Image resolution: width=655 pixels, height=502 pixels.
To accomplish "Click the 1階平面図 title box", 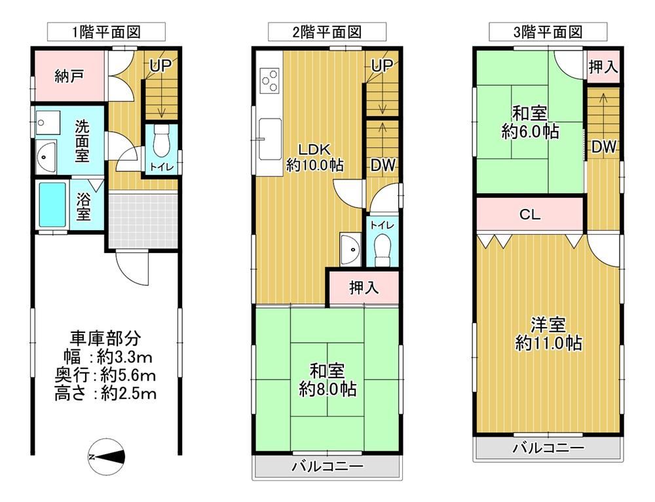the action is [x=107, y=32].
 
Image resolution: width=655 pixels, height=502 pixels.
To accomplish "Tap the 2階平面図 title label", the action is [x=327, y=32].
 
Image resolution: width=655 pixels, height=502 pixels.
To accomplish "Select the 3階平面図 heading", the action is [x=548, y=31].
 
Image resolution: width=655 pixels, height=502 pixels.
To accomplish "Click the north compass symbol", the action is [x=107, y=457].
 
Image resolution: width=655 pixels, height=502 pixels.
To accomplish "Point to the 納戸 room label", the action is [x=69, y=76].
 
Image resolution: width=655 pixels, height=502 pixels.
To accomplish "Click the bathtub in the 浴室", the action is [x=52, y=205].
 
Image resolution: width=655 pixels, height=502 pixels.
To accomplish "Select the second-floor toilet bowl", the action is [x=382, y=249].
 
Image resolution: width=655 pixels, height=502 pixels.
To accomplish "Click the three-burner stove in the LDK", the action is [x=269, y=81].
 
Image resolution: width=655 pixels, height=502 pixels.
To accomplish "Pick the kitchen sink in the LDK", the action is [x=269, y=138].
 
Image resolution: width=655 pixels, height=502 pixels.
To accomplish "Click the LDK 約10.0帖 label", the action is [x=314, y=157].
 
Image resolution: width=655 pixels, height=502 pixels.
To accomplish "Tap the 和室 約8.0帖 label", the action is [x=327, y=380].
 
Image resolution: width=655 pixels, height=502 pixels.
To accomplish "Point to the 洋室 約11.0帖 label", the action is [x=548, y=334].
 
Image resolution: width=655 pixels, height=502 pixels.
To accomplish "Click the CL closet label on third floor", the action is [x=530, y=215].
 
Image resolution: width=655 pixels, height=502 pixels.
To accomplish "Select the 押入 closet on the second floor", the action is [x=364, y=288].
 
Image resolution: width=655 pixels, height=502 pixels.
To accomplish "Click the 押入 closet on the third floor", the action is [x=603, y=66].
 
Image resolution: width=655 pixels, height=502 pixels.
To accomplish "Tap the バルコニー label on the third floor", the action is [x=548, y=448].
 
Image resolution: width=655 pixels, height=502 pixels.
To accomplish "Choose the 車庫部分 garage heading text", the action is [x=105, y=338].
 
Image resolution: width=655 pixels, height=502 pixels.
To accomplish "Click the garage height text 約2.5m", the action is [x=128, y=393].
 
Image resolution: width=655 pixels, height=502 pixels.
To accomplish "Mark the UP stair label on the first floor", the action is [x=160, y=65].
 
